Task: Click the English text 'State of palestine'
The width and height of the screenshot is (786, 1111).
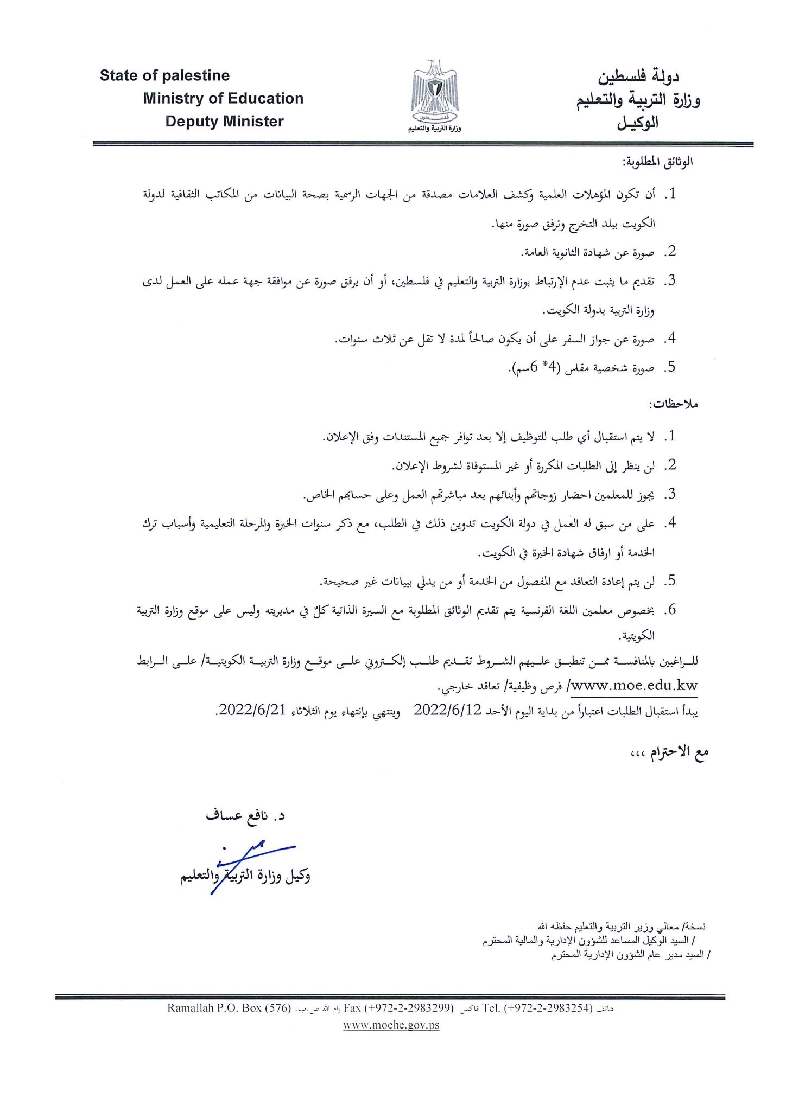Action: [164, 75]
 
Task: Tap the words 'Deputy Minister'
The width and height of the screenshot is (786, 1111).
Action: [224, 121]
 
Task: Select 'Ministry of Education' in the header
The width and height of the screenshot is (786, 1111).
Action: [223, 98]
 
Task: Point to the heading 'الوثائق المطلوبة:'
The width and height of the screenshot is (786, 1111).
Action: [658, 162]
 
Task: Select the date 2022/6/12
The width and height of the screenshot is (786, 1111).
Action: [448, 710]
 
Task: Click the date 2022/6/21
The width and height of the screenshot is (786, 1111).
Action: [252, 710]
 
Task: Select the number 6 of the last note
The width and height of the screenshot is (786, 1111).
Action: [672, 610]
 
